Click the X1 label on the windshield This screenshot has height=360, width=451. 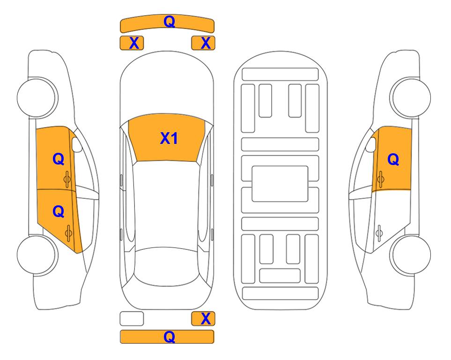point(169,138)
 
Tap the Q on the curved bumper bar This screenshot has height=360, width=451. point(169,22)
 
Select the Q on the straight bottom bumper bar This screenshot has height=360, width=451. point(169,337)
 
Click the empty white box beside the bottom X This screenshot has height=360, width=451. point(132,319)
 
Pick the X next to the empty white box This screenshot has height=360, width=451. point(206,319)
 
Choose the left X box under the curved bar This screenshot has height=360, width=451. point(132,43)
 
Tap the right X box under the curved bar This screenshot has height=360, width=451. point(203,43)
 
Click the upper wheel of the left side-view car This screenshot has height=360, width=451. point(37,97)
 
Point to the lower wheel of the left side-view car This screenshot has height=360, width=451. point(37,255)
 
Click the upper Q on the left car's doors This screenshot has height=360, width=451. point(59,159)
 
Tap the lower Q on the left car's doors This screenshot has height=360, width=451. point(59,212)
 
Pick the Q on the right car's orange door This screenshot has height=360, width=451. point(393,159)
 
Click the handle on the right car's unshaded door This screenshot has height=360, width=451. point(379,233)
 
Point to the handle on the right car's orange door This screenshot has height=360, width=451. point(381,180)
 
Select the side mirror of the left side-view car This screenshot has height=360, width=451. point(77,144)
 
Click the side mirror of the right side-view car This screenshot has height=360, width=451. point(371,144)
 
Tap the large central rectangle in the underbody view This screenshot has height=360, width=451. point(280,184)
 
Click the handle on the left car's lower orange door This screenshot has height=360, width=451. point(68,233)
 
